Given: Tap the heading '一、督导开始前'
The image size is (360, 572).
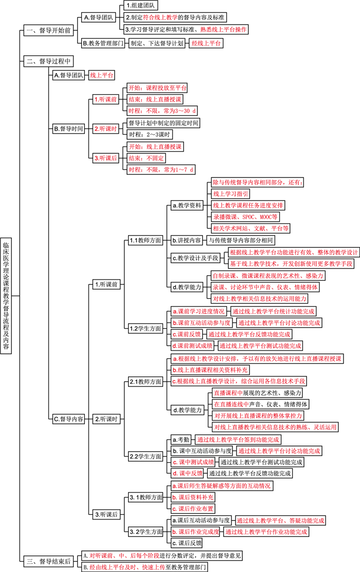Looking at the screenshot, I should [48, 31].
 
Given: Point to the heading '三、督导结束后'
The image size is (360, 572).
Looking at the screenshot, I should [49, 561].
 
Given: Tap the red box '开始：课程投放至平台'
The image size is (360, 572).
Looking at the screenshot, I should [157, 87].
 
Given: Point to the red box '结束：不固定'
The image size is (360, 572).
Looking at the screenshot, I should [145, 158].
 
